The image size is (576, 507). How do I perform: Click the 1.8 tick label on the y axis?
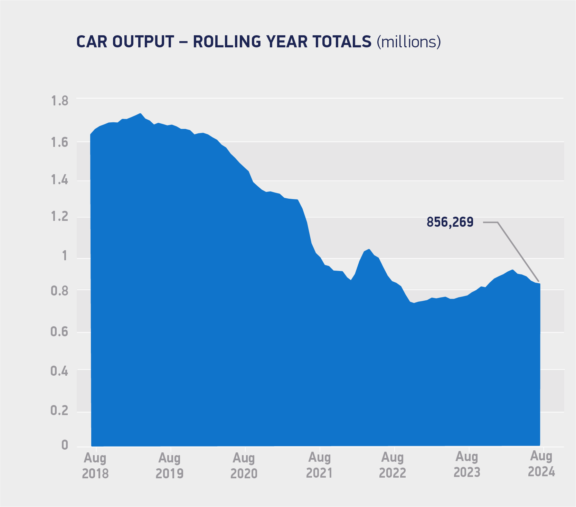coord(60,101)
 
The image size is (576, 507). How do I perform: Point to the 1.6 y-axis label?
coord(60,142)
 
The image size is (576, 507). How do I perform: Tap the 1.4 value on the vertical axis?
coord(60,180)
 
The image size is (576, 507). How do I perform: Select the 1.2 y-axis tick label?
coord(60,217)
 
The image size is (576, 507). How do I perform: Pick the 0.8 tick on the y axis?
coord(60,291)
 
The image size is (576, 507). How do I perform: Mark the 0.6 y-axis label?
coord(60,332)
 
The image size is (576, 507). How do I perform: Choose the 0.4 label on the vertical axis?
coord(60,372)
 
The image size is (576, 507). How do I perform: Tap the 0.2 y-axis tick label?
coord(60,411)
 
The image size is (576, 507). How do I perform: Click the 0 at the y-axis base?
coord(65,445)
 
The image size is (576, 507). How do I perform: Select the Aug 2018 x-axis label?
coord(95,466)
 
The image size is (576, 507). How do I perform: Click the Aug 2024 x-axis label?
coord(541,464)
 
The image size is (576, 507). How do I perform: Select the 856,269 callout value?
coord(450,222)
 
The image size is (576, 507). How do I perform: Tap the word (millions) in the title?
coord(409,42)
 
